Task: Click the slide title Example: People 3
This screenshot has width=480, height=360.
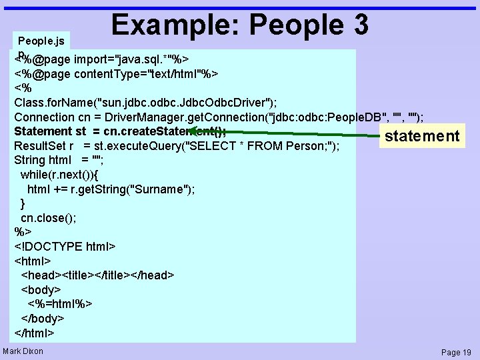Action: pos(240,25)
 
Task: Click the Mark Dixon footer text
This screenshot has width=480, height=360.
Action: pos(23,351)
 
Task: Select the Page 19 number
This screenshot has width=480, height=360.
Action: pos(456,352)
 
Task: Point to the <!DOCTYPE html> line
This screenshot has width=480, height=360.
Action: pos(65,247)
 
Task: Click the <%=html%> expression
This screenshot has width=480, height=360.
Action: pos(60,304)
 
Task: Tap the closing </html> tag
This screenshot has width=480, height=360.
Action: pos(34,333)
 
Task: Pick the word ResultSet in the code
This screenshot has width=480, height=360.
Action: pos(39,146)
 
